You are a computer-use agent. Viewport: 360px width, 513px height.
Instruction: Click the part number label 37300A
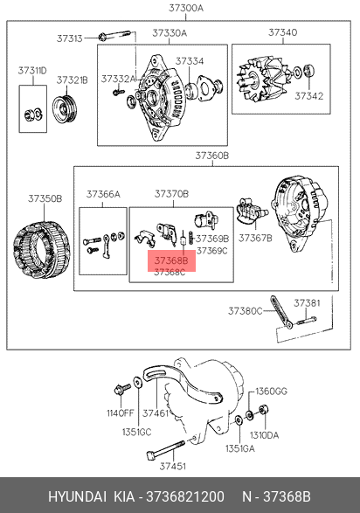coord(186,8)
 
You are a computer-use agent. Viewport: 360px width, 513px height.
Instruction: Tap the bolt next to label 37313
coord(114,35)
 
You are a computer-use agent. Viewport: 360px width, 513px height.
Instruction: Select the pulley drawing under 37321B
coord(65,108)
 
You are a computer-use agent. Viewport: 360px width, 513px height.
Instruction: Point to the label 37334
coord(190,61)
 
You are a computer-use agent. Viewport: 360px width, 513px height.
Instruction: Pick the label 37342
coord(309,96)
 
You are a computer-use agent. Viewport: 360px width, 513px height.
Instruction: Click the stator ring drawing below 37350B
coord(42,249)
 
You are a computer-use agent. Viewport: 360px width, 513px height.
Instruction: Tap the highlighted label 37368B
coord(171,260)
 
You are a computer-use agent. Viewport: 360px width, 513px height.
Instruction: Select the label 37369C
coord(212,251)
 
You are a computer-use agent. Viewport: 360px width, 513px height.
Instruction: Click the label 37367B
coord(255,238)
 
